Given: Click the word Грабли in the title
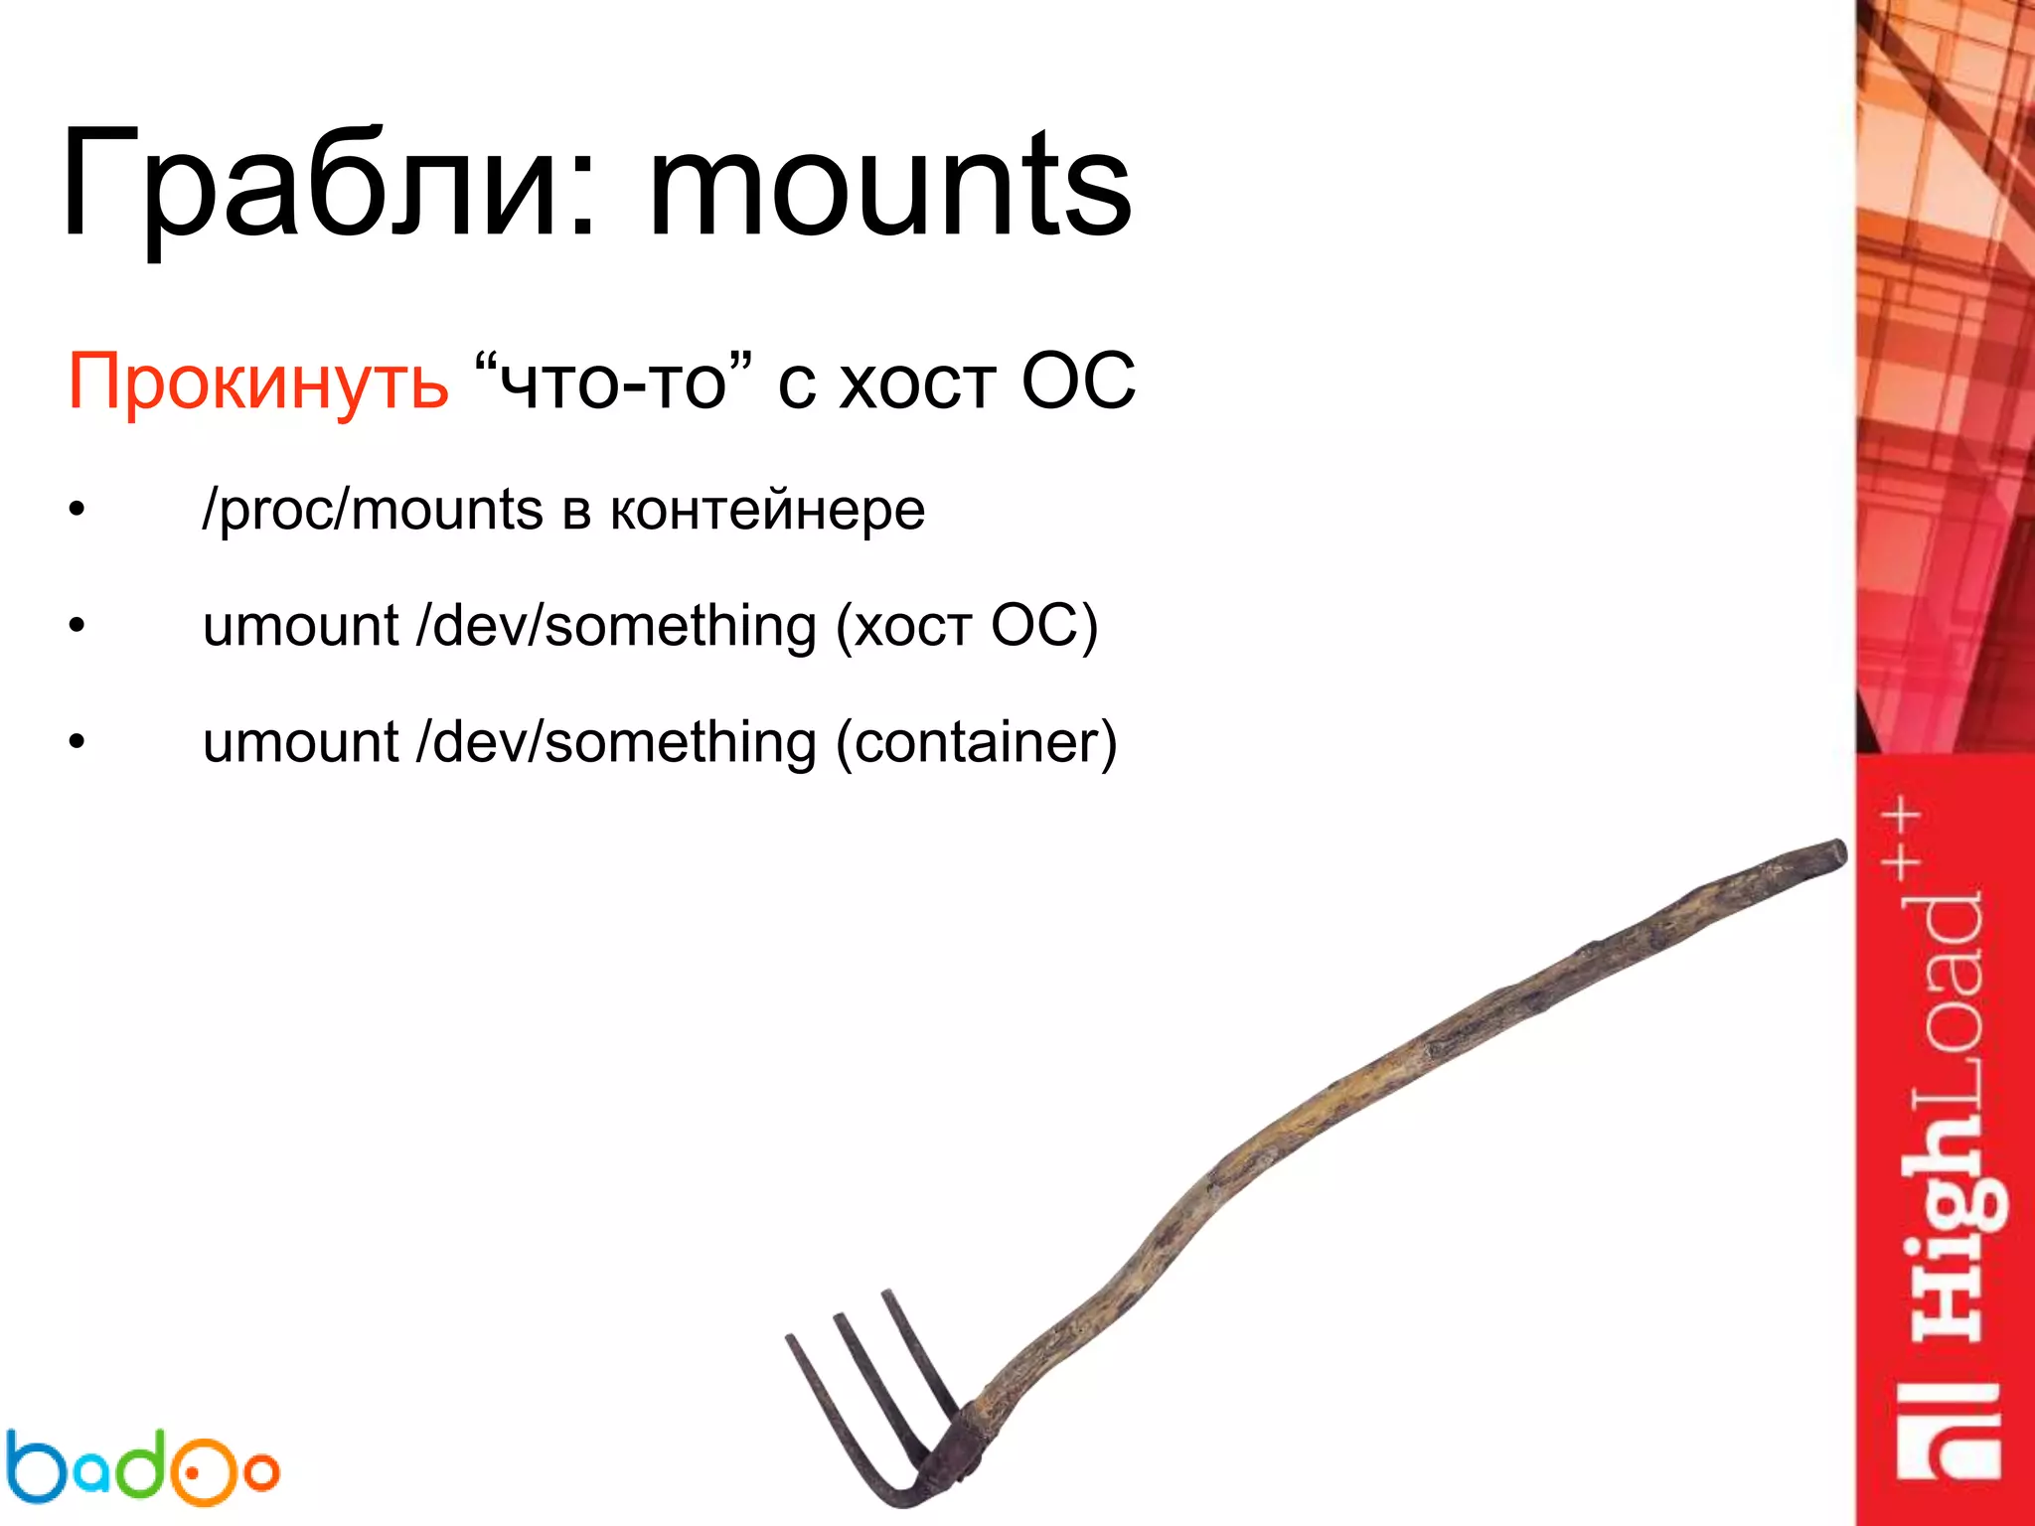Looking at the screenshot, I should click(x=328, y=184).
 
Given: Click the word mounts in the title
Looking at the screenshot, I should click(x=889, y=184).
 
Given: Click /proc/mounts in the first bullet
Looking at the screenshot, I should click(x=373, y=510).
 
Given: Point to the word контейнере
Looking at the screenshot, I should click(x=767, y=510).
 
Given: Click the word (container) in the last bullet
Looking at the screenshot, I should click(x=977, y=742).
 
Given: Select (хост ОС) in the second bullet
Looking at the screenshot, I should click(x=967, y=626).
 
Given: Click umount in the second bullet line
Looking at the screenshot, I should click(x=300, y=626).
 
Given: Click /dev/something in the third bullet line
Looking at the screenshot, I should click(x=616, y=742).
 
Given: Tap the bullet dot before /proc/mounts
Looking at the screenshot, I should click(x=77, y=511).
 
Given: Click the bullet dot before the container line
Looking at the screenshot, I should click(x=77, y=743).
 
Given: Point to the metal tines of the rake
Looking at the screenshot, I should click(x=864, y=1391).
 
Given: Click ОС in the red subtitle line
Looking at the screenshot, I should click(x=1078, y=381).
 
